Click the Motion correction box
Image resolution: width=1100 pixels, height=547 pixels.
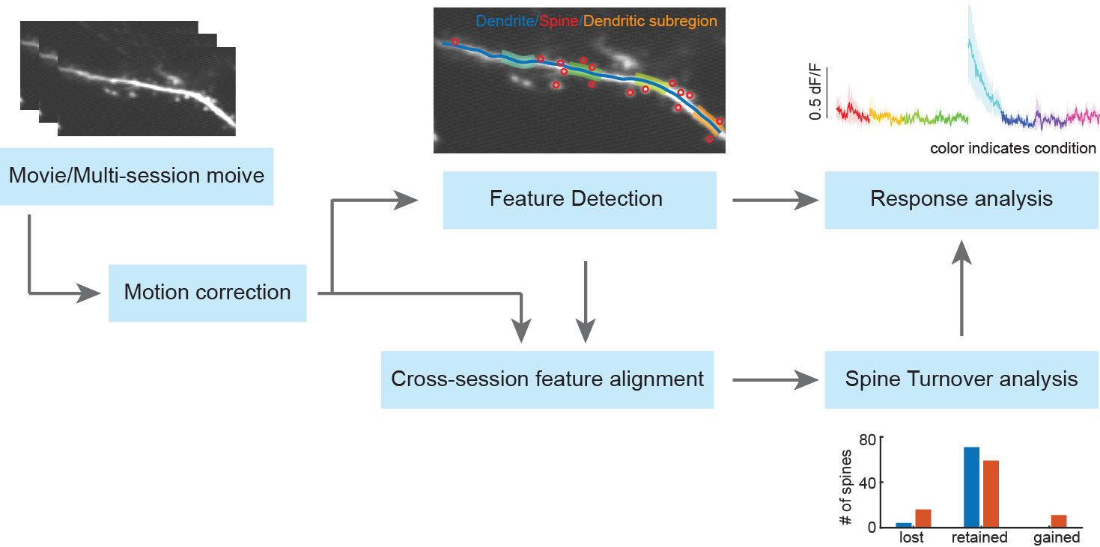tap(207, 293)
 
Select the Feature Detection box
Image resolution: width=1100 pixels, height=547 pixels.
tap(580, 200)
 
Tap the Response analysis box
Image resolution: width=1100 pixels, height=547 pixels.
tap(961, 200)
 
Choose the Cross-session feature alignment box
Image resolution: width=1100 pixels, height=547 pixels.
tap(547, 379)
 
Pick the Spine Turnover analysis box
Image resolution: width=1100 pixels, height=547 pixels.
tap(961, 379)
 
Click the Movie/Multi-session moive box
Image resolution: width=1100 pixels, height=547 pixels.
tap(136, 176)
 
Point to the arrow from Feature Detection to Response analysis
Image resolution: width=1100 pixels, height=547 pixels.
tap(775, 200)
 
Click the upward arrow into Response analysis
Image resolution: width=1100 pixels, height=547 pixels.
tap(961, 288)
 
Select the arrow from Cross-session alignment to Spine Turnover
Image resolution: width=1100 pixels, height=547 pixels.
tap(775, 379)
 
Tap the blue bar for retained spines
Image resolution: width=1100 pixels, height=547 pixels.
tap(971, 486)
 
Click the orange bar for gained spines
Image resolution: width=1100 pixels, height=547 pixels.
tap(1059, 521)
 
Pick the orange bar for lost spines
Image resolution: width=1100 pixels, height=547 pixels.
tap(923, 518)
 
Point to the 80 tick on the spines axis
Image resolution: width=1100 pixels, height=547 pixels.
tap(868, 439)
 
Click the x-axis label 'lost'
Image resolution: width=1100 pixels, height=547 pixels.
tap(911, 537)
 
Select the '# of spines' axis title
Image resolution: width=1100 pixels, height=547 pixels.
tap(845, 487)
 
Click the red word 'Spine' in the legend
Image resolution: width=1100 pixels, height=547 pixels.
tap(559, 21)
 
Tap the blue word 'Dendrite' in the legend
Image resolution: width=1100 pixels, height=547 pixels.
tap(505, 21)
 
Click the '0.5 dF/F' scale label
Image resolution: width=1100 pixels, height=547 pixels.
tap(815, 92)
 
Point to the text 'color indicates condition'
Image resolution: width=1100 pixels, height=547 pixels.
tap(1013, 148)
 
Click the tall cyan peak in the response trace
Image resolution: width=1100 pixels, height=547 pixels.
tap(970, 43)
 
